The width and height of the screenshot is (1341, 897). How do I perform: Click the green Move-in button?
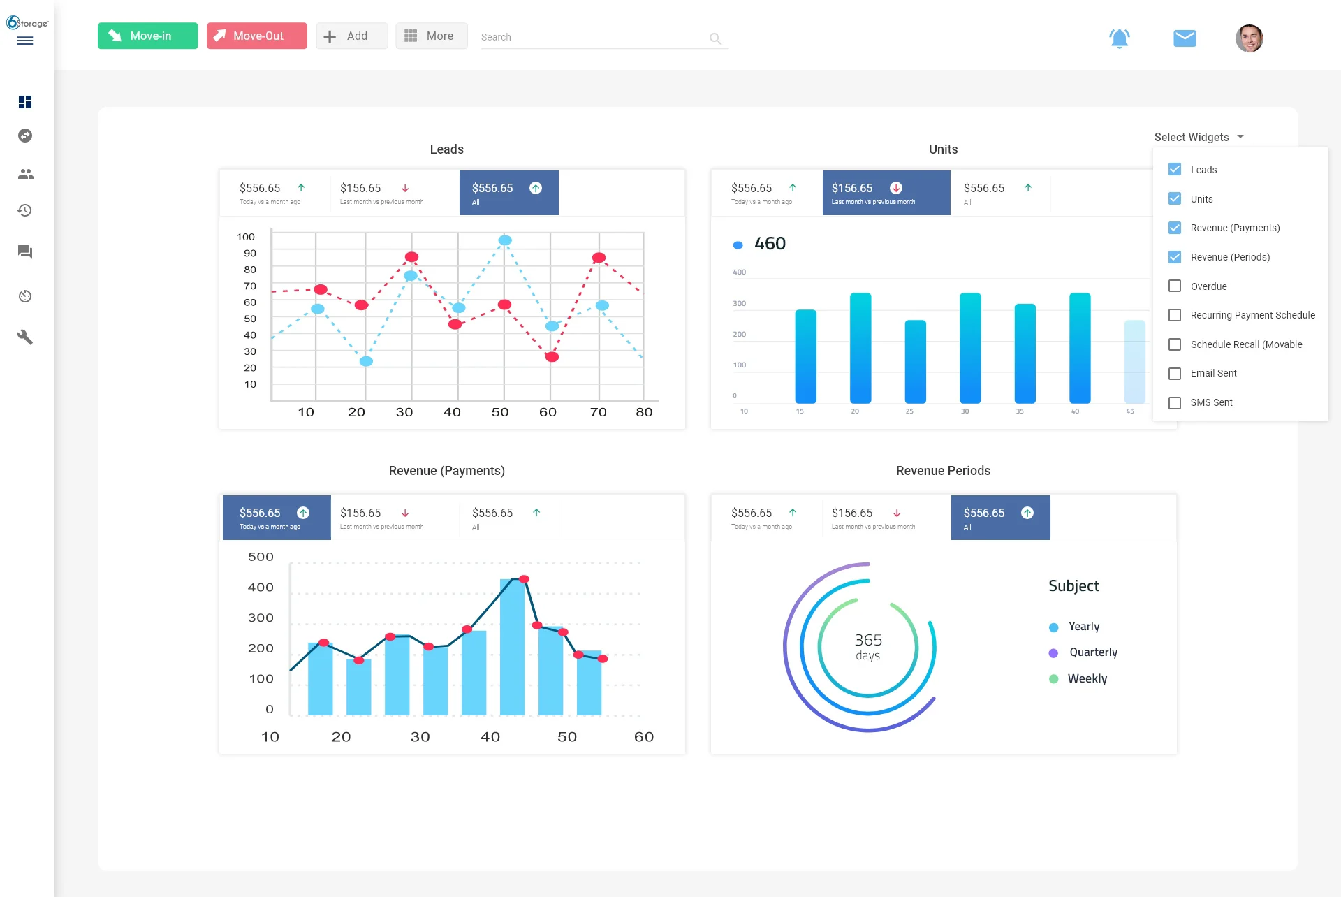pos(147,36)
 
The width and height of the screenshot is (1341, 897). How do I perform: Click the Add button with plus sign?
pos(351,36)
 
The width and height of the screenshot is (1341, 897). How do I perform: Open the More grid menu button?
pos(431,36)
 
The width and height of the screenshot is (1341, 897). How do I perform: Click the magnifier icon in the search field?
pos(715,38)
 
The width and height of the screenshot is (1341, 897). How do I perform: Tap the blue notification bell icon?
pos(1119,38)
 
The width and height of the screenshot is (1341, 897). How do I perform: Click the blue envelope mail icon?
pos(1185,38)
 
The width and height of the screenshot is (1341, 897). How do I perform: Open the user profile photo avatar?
pos(1249,38)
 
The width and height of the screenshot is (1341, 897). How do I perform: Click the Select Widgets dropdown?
pos(1199,137)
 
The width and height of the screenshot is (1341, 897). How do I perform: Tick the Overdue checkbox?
pos(1175,286)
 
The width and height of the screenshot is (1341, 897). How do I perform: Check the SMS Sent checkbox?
pos(1175,403)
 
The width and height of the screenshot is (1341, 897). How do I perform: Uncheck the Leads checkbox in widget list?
pos(1175,170)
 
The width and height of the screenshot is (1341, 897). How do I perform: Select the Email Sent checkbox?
pos(1175,374)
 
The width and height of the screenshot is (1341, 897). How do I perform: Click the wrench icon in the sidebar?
pos(25,337)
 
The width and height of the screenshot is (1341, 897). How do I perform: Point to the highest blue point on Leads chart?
pos(505,240)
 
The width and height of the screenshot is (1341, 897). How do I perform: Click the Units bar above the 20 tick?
pos(860,348)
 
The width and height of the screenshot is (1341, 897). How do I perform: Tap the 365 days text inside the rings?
pos(868,646)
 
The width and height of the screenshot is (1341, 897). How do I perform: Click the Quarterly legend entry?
pos(1092,652)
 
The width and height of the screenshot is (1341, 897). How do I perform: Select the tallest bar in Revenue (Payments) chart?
pos(512,646)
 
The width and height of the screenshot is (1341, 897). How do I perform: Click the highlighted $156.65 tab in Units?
pos(886,193)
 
